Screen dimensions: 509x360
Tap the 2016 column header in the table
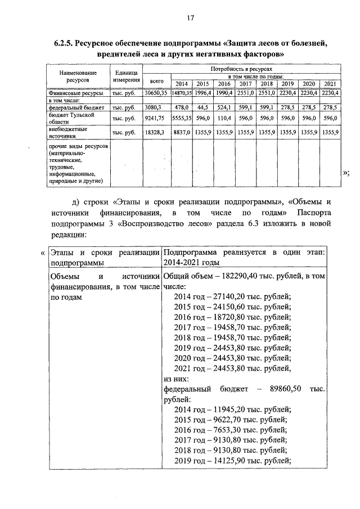click(x=224, y=84)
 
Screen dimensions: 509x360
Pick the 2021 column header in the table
click(x=330, y=84)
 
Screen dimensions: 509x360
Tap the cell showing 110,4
click(x=224, y=118)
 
